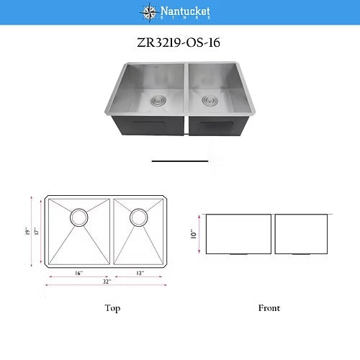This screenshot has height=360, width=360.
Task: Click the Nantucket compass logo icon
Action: [148, 12]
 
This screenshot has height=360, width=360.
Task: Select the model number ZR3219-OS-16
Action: [179, 42]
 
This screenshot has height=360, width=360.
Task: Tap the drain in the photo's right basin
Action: [211, 99]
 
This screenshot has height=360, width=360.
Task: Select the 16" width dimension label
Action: [77, 273]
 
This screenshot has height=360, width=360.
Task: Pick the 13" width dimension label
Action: [139, 273]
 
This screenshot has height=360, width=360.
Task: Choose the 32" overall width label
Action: [106, 282]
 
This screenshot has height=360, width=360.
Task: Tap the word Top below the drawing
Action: [112, 308]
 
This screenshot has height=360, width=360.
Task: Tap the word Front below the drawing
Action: [269, 308]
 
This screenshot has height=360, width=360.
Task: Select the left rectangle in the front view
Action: [238, 234]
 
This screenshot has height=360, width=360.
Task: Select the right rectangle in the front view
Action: [300, 234]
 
